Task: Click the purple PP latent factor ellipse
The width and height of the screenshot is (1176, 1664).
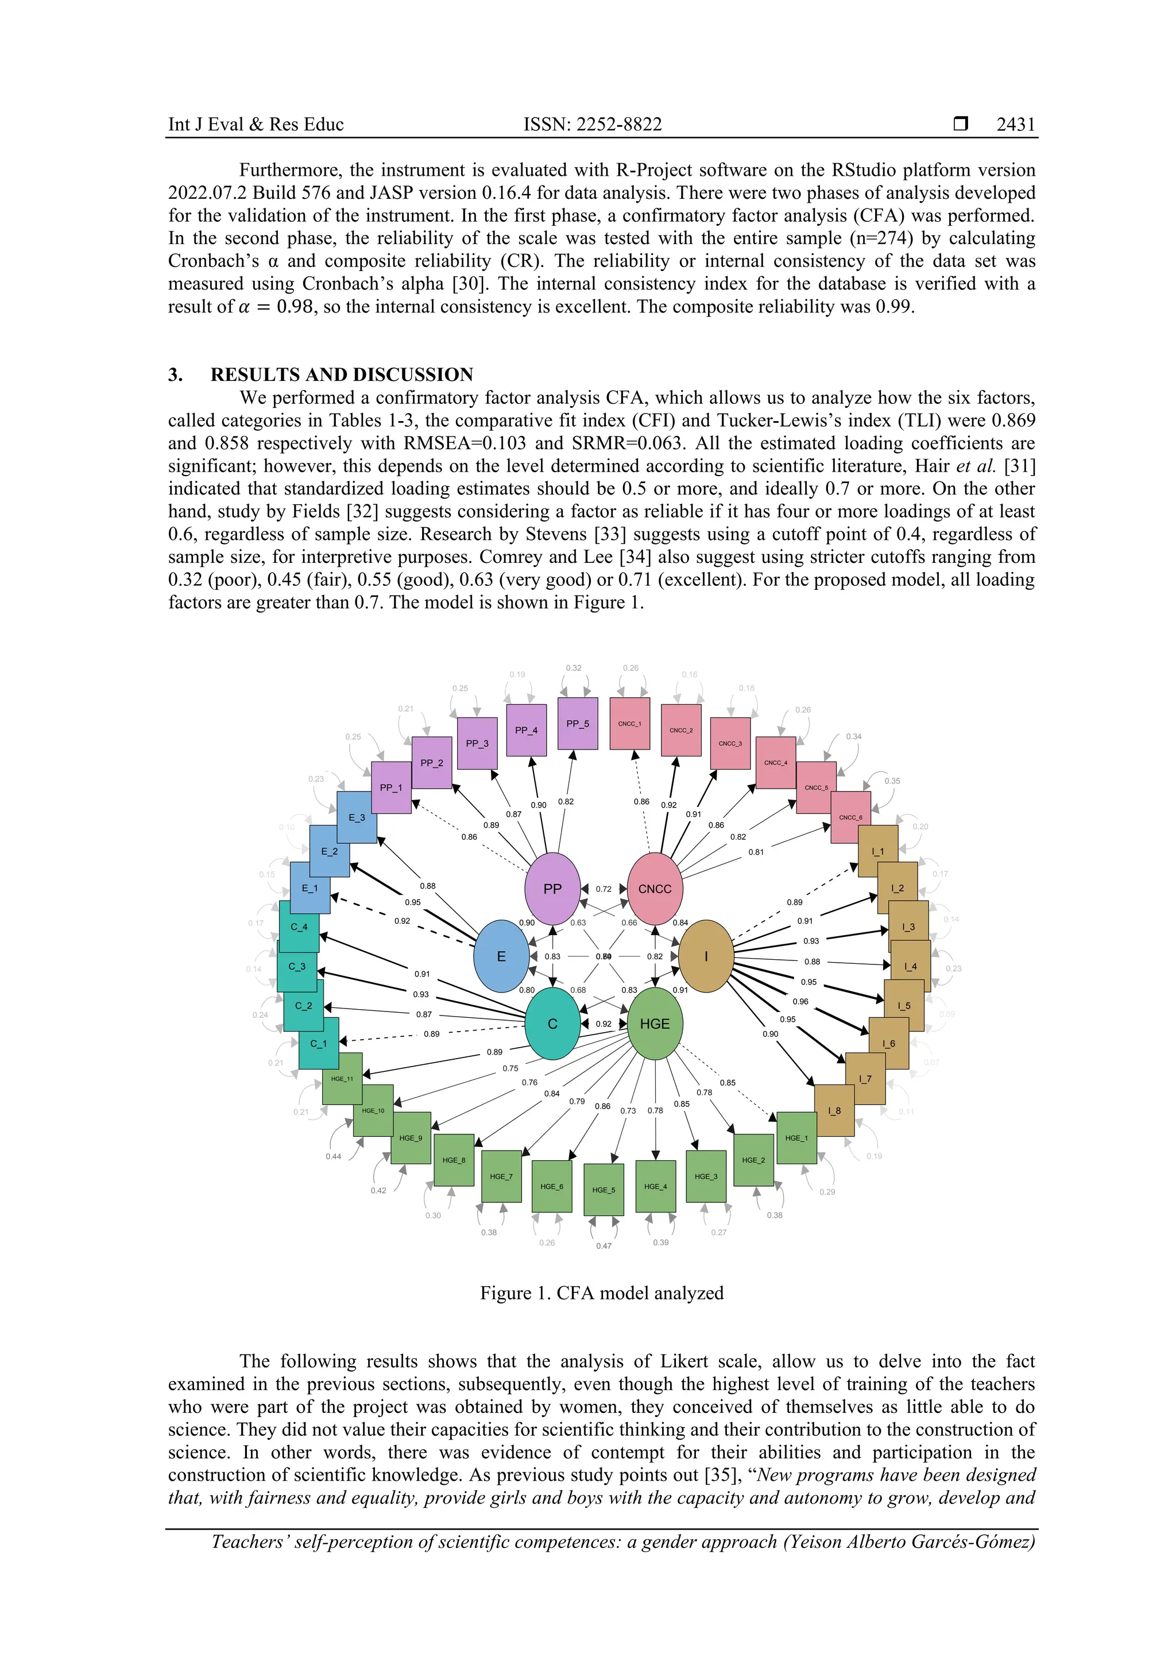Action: click(552, 889)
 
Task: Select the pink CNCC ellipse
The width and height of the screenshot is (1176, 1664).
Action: click(654, 889)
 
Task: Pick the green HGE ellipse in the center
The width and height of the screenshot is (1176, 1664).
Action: click(654, 1024)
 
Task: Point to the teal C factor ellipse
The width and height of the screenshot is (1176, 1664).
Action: click(552, 1024)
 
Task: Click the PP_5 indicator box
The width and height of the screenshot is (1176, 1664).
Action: click(578, 723)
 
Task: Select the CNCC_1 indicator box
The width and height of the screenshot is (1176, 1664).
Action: click(630, 723)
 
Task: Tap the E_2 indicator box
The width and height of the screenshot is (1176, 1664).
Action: click(330, 852)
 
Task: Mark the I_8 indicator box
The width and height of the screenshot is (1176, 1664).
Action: click(834, 1110)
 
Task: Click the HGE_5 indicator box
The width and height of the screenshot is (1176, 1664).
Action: click(604, 1190)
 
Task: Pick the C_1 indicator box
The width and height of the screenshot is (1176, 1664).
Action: click(319, 1043)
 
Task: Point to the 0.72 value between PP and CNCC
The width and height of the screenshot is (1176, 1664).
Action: click(604, 889)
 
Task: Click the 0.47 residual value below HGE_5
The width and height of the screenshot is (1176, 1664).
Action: click(604, 1246)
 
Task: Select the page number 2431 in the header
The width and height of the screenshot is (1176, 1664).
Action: click(1015, 125)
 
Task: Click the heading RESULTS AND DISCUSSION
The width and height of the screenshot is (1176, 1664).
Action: click(341, 375)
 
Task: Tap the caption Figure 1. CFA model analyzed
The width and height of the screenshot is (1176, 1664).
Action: click(601, 1294)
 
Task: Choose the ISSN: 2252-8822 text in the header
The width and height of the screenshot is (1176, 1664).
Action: click(593, 125)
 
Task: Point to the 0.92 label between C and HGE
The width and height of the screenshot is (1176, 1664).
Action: click(604, 1024)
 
